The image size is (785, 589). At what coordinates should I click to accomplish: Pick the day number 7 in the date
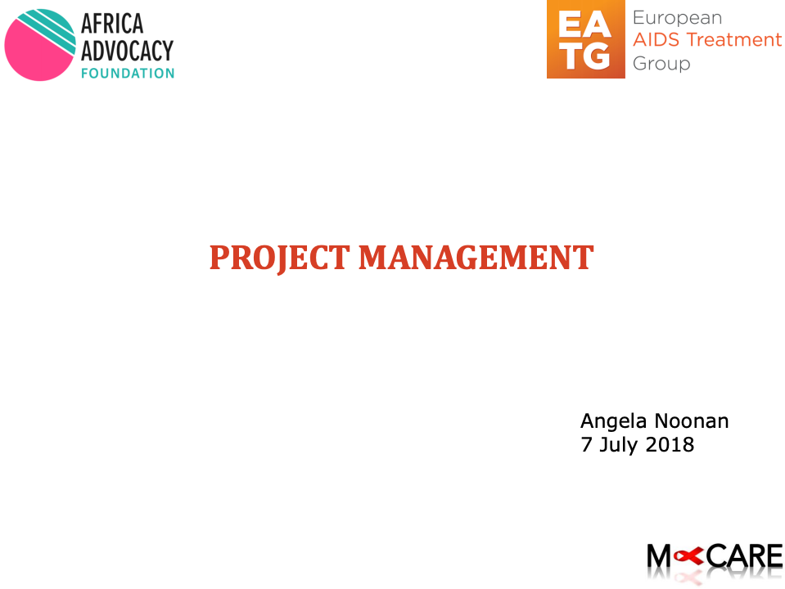[x=586, y=445]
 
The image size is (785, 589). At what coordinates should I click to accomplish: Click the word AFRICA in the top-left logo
[x=113, y=25]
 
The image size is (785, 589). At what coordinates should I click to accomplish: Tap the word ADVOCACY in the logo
[x=127, y=51]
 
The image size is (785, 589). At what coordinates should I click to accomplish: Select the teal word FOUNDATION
[x=127, y=73]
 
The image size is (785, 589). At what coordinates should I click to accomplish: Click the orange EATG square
[x=586, y=40]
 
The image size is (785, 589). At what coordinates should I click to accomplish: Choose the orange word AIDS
[x=656, y=40]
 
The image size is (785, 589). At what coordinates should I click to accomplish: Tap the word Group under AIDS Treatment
[x=661, y=63]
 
